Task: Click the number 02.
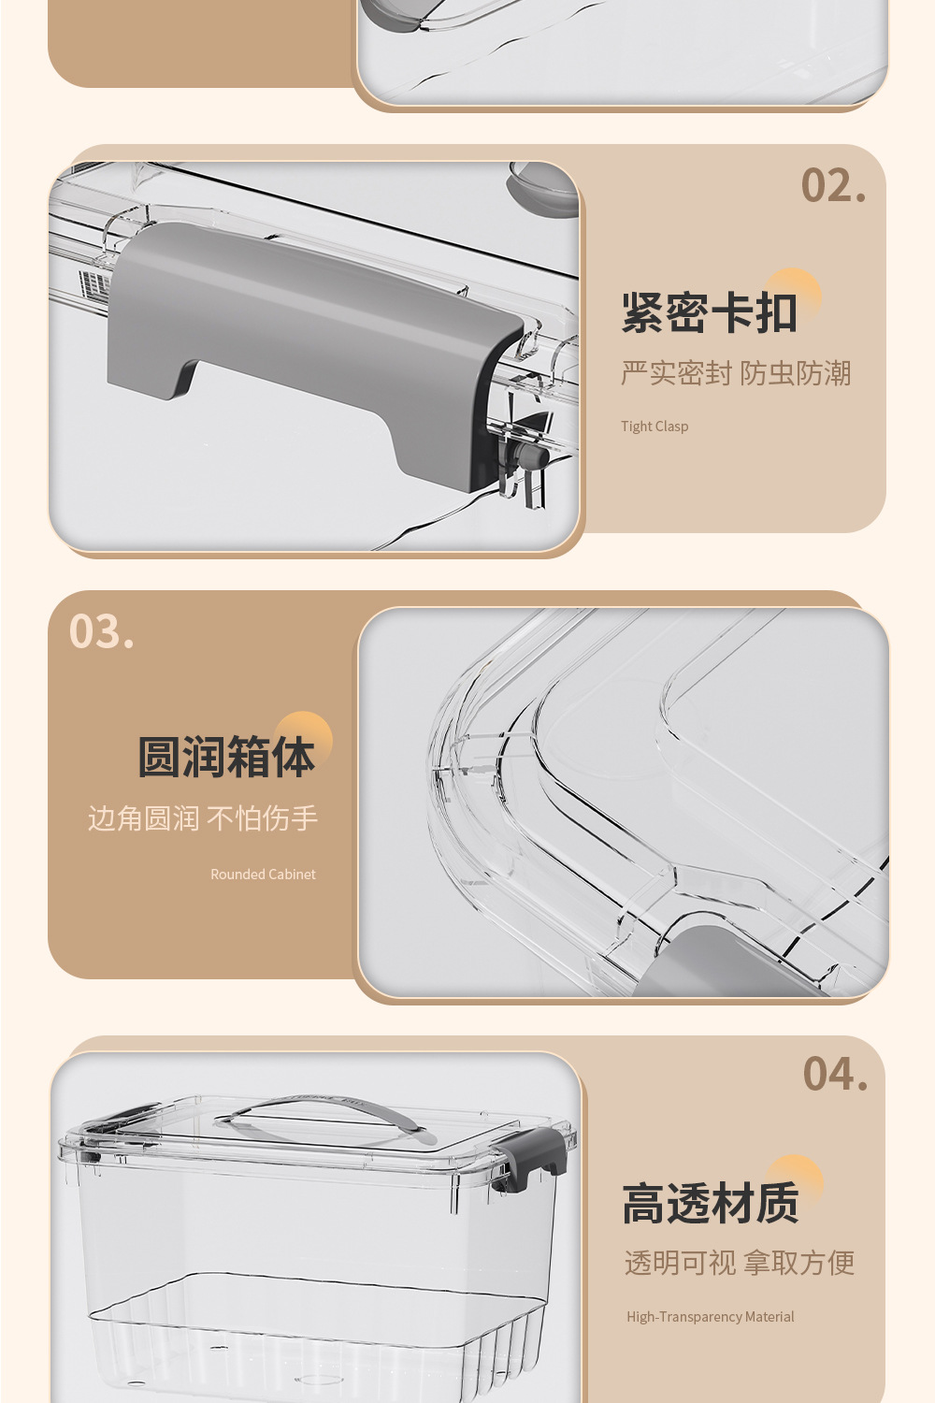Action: coord(833,186)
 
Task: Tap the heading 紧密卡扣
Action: coord(709,313)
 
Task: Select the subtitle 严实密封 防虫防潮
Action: coord(736,373)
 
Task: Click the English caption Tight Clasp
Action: coord(654,427)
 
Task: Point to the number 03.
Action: coord(102,632)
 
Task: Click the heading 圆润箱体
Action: coord(226,758)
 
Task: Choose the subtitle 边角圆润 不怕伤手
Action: coord(203,818)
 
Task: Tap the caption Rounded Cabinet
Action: coord(263,875)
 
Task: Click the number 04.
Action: coord(835,1075)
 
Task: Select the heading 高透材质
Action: coord(711,1204)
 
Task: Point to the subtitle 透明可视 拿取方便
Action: coord(740,1263)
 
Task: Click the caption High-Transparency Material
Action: coord(711,1317)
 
